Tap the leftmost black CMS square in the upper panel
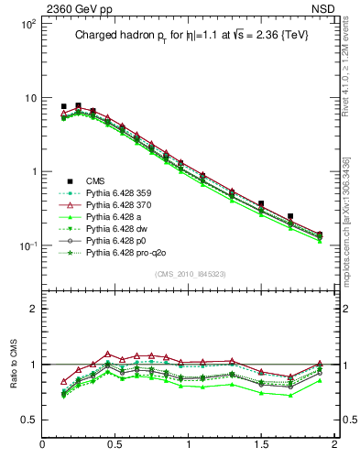click(63, 106)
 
